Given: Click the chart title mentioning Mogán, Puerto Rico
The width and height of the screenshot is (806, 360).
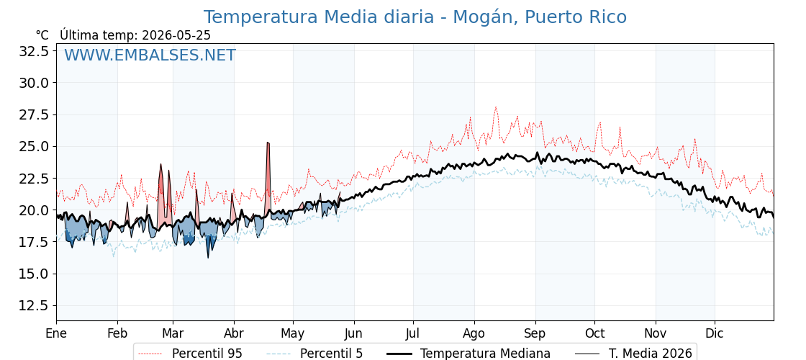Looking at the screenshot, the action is click(415, 17).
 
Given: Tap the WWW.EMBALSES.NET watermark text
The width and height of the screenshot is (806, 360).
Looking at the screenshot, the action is click(150, 55).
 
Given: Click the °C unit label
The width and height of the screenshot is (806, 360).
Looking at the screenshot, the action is click(42, 35).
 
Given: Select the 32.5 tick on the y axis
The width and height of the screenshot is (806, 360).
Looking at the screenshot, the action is click(34, 51).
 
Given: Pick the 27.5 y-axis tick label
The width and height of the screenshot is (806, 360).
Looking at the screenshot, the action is click(34, 114).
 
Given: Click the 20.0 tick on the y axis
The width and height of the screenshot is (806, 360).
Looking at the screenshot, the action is click(34, 210).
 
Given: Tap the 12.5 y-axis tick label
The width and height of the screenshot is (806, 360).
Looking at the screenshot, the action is click(34, 305).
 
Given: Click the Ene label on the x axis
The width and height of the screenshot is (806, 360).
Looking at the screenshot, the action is click(57, 333).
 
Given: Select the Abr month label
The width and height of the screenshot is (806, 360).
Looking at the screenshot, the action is click(234, 333).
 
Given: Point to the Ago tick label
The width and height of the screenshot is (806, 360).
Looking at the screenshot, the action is click(474, 334).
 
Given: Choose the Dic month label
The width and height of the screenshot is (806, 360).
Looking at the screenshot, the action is click(715, 333).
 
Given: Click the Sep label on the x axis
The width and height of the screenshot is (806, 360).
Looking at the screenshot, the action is click(535, 334).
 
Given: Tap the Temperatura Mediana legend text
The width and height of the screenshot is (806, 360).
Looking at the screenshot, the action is click(485, 354).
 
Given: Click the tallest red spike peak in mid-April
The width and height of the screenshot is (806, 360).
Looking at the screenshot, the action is click(268, 143).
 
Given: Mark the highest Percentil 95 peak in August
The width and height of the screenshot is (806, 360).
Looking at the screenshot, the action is click(496, 107).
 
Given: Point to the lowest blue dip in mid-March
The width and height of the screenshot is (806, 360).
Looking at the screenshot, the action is click(208, 257).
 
